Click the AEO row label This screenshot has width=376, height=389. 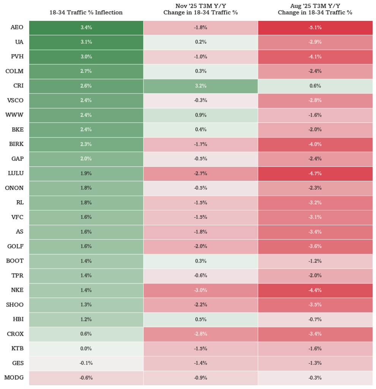coord(17,27)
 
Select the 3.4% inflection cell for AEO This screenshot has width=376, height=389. coord(86,27)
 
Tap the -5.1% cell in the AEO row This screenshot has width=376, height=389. coord(315,27)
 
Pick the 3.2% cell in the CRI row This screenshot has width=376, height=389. coord(201,86)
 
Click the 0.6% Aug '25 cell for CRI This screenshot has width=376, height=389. coord(315,86)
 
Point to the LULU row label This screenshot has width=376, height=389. coord(16,173)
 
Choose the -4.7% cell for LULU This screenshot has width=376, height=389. coord(315,173)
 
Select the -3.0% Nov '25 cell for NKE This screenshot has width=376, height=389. coord(201,290)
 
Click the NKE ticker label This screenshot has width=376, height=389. coord(17,290)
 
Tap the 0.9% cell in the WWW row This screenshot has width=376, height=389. coord(201,115)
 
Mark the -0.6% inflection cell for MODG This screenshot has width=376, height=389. coord(86,378)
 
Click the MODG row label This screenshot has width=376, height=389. coord(14,378)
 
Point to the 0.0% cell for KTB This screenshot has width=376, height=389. coord(86,349)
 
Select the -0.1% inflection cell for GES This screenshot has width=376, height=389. coord(86,363)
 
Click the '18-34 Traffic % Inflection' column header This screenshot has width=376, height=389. coord(86,13)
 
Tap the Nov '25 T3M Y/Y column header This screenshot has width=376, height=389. coord(201,9)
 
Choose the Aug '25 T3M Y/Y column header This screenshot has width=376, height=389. coord(315,9)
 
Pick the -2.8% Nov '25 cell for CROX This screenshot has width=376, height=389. coord(201,334)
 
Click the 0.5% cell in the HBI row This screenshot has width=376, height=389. coord(201,319)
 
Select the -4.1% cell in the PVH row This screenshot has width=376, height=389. coord(315,57)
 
